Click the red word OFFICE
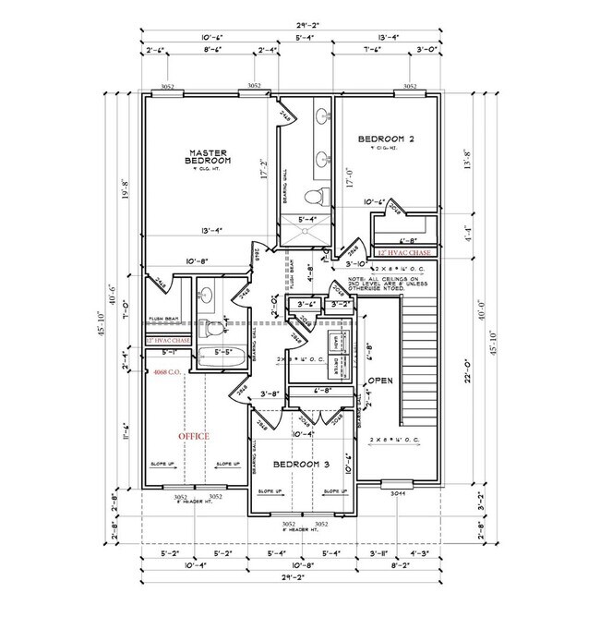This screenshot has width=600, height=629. point(194,435)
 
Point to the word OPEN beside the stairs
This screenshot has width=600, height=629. point(382,381)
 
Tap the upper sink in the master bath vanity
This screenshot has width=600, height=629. point(323,117)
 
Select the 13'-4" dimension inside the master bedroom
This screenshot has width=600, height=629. point(208,230)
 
